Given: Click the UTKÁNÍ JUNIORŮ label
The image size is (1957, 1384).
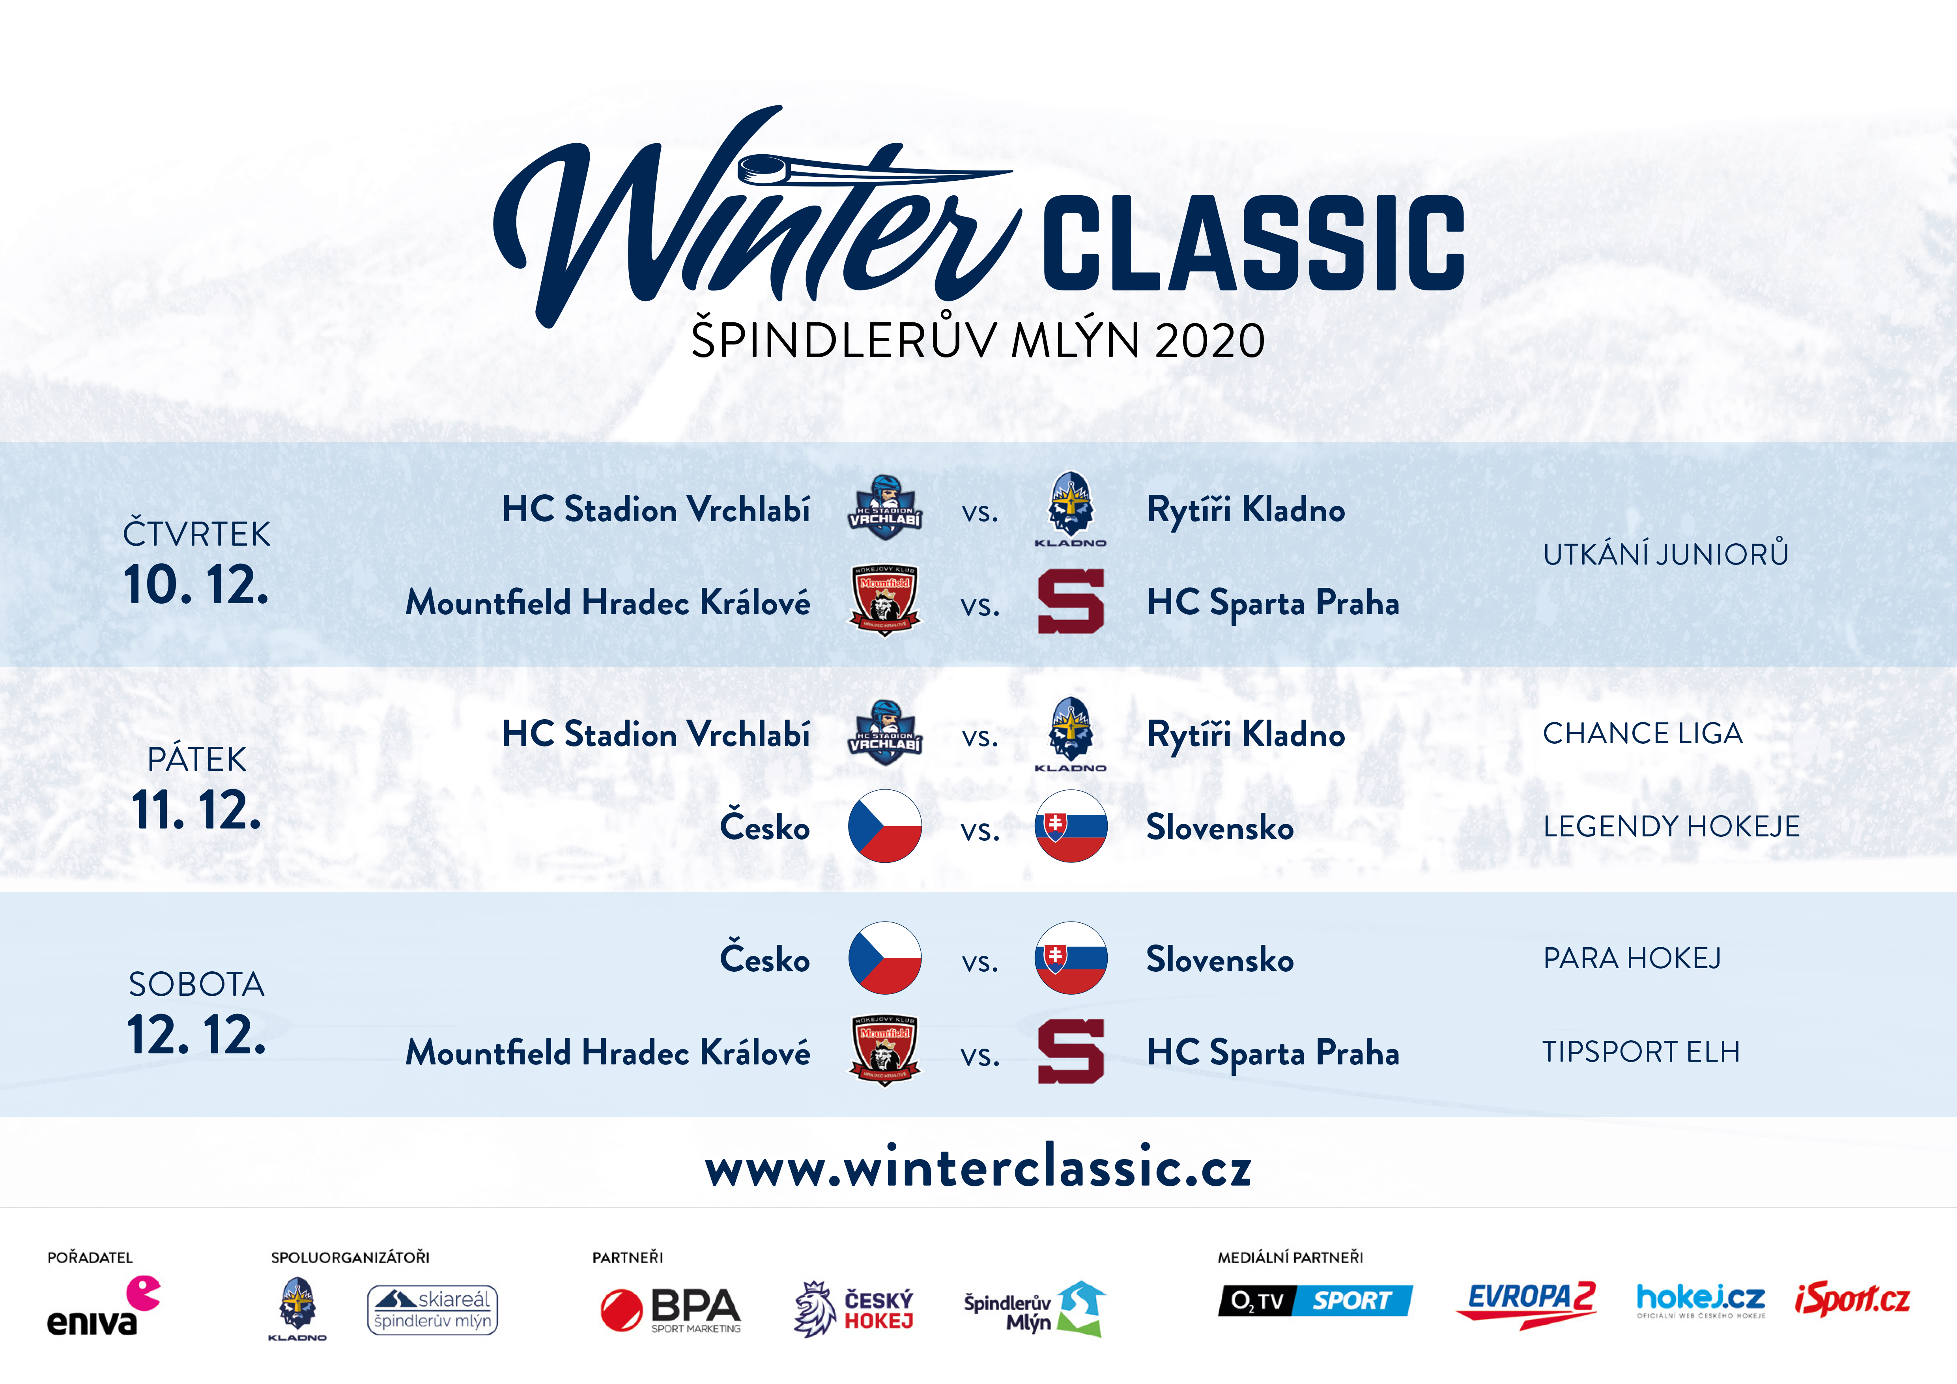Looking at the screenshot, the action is (1665, 554).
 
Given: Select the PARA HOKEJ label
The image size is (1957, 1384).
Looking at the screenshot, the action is (1632, 958).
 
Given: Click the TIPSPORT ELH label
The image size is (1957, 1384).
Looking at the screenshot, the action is (1641, 1052).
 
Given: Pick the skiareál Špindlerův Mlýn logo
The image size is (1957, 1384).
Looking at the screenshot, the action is (432, 1310).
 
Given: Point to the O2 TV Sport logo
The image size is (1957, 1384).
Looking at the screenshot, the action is (1315, 1300).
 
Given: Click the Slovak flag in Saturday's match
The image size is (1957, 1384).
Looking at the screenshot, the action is (1071, 958).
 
